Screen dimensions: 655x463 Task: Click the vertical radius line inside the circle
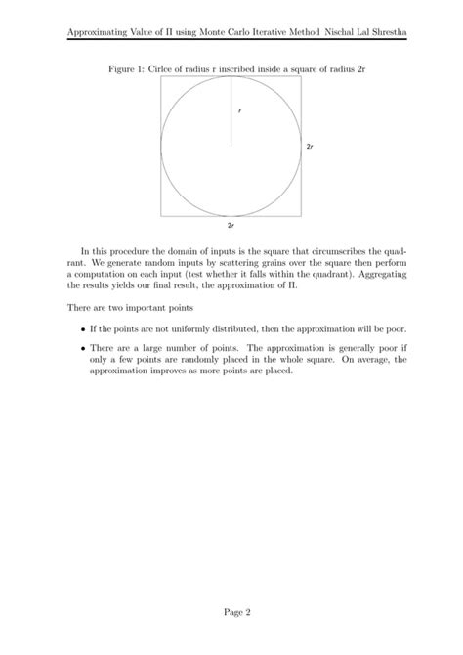click(231, 112)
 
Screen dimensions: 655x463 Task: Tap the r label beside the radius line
click(239, 110)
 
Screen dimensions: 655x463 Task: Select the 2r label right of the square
click(310, 146)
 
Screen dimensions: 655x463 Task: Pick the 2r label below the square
click(231, 225)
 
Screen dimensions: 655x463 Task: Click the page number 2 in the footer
click(249, 613)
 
